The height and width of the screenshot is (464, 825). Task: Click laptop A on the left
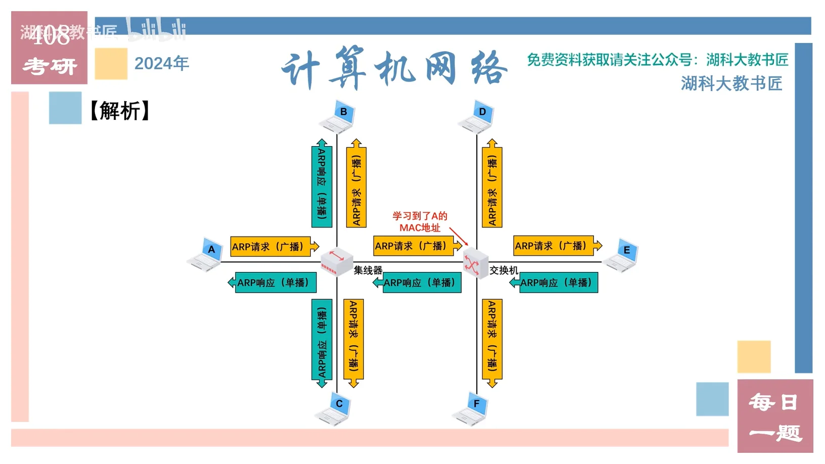[206, 254]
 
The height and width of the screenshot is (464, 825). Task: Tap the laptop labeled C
[334, 408]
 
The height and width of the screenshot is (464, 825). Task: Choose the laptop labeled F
[471, 408]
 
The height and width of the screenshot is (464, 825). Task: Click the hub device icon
[336, 261]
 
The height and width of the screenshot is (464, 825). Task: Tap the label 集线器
[368, 270]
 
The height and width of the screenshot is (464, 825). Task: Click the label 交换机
[503, 270]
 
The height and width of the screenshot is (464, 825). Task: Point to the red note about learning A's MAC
[420, 222]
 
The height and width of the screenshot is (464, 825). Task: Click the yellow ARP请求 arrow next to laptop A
[273, 247]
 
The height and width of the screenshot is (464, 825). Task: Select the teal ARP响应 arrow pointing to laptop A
[273, 283]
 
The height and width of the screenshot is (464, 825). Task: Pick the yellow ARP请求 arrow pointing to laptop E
[557, 246]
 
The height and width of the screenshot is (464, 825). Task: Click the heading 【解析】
[120, 110]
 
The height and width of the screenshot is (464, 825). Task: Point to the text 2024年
[162, 64]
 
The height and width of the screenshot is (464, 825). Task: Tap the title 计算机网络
[394, 68]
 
